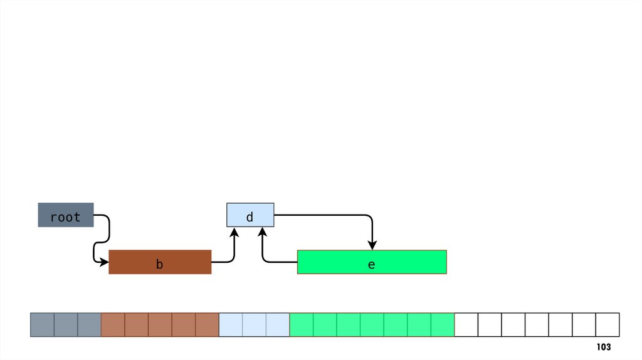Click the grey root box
tap(66, 215)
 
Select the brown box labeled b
tap(160, 262)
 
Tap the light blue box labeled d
tap(250, 215)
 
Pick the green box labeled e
tap(372, 262)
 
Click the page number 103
tap(603, 347)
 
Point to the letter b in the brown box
tap(160, 265)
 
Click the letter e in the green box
tap(371, 265)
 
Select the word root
tap(65, 217)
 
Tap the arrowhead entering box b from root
tap(104, 262)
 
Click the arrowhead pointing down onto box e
tap(372, 245)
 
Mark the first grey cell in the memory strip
tap(42, 324)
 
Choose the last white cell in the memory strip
tap(608, 324)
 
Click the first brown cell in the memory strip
tap(113, 324)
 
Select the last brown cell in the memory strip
tap(207, 324)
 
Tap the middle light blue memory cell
tap(254, 324)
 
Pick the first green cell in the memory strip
tap(301, 324)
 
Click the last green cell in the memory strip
tap(443, 324)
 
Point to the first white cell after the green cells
tap(466, 324)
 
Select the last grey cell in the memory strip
tap(89, 324)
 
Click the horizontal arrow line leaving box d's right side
tap(320, 215)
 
